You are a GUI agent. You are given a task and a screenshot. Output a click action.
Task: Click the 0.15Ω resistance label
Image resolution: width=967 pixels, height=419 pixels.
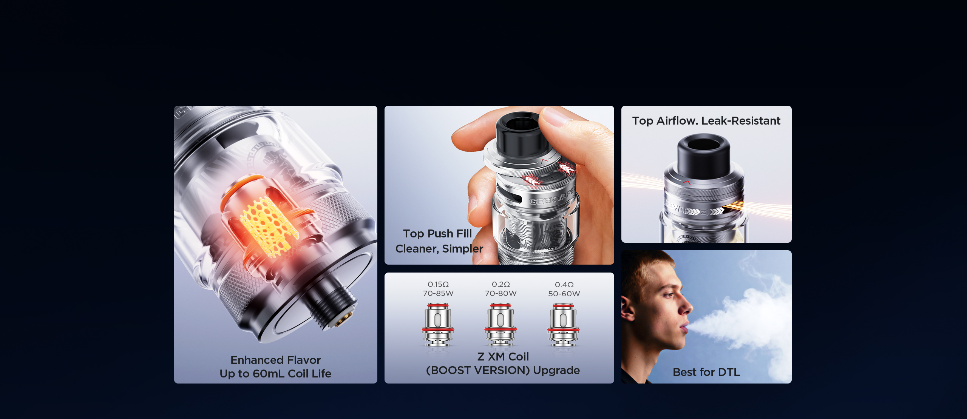tap(438, 284)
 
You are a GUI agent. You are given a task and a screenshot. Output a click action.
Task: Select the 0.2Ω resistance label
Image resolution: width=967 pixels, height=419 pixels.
tap(501, 284)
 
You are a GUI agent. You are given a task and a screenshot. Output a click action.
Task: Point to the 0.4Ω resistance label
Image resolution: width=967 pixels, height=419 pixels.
tap(564, 285)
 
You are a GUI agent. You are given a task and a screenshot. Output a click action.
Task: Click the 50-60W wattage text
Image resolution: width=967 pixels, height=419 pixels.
tap(564, 294)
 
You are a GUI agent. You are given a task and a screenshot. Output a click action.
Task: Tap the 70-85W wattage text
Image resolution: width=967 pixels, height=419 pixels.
tap(438, 293)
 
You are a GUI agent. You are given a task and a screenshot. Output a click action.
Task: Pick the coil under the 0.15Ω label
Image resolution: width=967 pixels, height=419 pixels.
tap(438, 325)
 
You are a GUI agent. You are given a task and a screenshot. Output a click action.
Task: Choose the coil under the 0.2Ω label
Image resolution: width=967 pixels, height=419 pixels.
tap(500, 325)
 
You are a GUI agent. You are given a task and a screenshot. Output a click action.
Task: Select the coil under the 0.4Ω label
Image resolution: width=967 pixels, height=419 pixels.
tap(563, 325)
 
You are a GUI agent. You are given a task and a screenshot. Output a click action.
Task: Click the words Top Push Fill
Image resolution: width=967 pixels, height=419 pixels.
tap(437, 234)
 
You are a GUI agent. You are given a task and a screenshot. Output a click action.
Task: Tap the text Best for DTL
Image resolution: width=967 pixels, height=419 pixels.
tap(706, 372)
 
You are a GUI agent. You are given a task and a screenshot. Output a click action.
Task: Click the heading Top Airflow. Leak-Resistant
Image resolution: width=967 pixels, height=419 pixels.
tap(706, 121)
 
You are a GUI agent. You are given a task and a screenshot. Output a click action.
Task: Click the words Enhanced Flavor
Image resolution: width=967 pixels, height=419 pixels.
tap(276, 360)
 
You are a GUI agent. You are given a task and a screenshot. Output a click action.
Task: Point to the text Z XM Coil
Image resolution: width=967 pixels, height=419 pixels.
tap(503, 357)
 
